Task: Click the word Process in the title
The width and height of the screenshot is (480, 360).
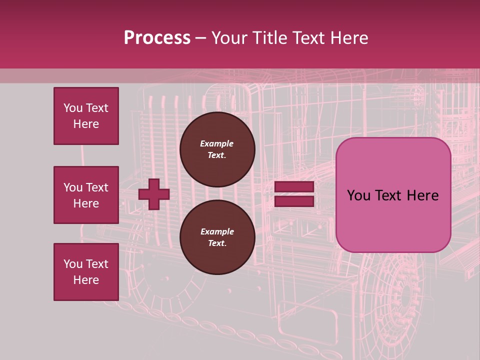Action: [157, 38]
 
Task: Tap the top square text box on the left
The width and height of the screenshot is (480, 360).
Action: [86, 116]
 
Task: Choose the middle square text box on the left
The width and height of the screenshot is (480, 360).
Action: [86, 195]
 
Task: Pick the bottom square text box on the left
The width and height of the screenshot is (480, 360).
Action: [86, 272]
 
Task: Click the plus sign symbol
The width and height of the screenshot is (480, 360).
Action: [154, 194]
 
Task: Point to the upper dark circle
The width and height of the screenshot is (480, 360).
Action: [217, 149]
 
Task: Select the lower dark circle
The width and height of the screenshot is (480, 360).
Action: [217, 237]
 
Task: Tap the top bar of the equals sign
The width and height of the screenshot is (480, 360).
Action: [294, 187]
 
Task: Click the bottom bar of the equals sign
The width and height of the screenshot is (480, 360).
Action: [294, 201]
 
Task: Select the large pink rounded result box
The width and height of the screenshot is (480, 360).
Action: [393, 195]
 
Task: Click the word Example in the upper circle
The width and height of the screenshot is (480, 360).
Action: [217, 143]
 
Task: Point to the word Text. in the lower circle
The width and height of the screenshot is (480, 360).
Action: [217, 243]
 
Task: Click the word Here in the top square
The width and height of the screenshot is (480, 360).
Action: [86, 124]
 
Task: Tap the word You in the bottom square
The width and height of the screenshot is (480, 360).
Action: [73, 264]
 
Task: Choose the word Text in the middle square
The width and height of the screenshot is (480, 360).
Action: [97, 187]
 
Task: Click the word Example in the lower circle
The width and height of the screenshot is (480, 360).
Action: [217, 231]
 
